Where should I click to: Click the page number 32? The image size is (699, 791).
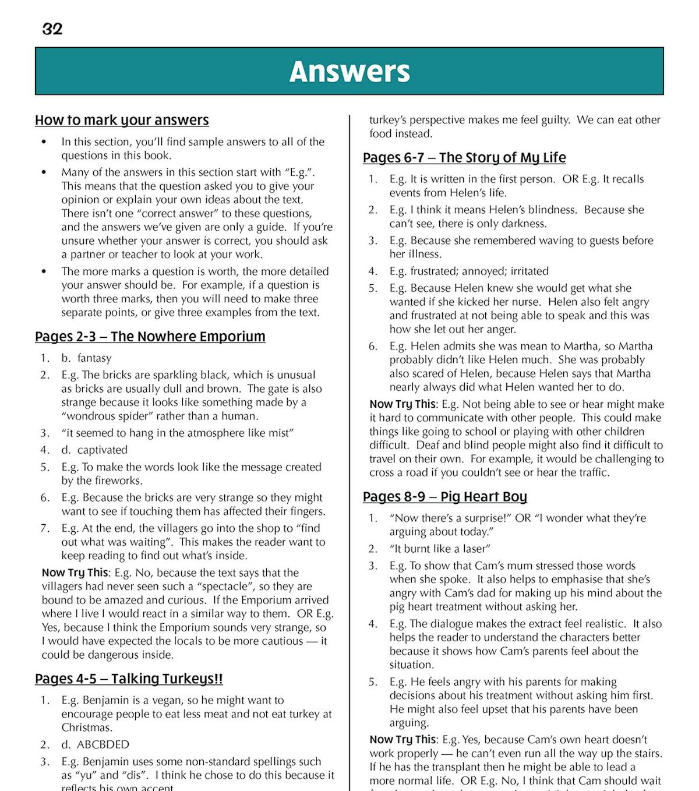[52, 29]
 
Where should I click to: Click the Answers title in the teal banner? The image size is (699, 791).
[349, 71]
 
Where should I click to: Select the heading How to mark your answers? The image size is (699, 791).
[122, 120]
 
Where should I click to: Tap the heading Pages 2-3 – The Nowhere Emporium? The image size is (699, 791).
[150, 337]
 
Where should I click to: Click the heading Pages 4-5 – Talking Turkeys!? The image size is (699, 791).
[129, 679]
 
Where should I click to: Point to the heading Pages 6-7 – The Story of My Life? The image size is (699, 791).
[464, 158]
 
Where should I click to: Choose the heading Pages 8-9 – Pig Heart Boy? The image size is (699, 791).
[445, 497]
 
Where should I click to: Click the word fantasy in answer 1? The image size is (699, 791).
[94, 358]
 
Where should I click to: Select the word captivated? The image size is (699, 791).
[102, 450]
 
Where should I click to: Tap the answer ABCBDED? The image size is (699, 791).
[103, 745]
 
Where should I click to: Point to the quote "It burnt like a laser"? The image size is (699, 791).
[440, 549]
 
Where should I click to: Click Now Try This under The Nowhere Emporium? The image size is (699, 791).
[75, 573]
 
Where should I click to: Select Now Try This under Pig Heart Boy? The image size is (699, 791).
[403, 740]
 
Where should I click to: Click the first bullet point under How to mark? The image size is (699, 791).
[44, 142]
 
